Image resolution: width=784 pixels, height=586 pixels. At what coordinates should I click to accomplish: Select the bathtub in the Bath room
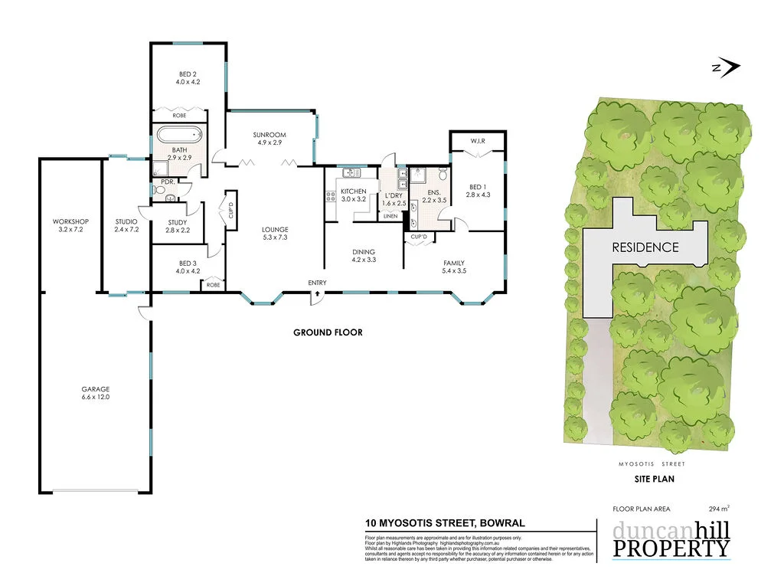[x=181, y=136]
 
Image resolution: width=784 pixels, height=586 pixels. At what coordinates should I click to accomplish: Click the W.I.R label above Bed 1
[x=477, y=141]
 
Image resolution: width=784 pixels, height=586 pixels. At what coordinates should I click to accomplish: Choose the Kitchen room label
[x=353, y=195]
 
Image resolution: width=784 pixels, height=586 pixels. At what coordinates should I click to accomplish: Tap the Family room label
[x=454, y=267]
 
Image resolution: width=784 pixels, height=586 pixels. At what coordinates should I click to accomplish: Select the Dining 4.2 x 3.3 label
[x=364, y=255]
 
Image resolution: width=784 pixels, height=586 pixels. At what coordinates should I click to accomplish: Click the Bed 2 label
[x=188, y=77]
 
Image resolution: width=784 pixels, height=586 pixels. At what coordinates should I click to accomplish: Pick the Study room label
[x=177, y=226]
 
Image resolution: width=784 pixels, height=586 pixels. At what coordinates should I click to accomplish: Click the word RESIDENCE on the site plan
[x=645, y=247]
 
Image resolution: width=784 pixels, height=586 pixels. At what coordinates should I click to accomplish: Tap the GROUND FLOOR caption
[x=328, y=332]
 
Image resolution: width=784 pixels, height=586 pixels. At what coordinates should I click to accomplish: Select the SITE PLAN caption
[x=652, y=480]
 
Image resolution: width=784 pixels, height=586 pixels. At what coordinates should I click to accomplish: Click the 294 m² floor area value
[x=719, y=508]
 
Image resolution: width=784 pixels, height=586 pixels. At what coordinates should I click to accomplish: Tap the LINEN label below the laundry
[x=390, y=217]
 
